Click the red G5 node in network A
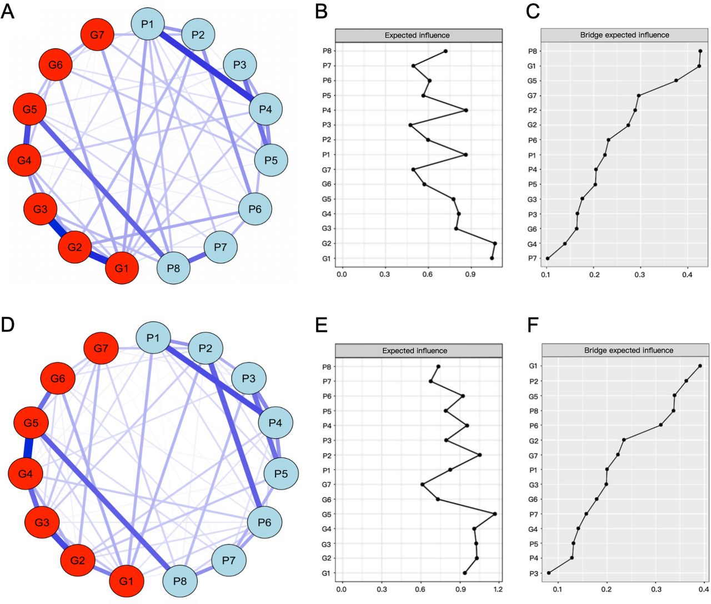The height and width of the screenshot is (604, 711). click(29, 109)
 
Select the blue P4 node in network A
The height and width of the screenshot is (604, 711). click(266, 109)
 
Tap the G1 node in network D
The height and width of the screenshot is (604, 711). click(126, 581)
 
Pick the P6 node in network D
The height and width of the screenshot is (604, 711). click(264, 522)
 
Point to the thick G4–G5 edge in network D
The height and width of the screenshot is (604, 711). click(28, 449)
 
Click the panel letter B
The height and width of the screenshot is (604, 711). click(321, 12)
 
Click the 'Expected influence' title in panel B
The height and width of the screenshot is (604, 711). click(417, 36)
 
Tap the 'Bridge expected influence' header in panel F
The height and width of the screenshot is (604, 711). click(628, 350)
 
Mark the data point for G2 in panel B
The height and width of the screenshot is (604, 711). click(494, 243)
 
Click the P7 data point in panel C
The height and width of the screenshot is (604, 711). click(548, 258)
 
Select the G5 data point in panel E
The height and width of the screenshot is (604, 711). click(494, 514)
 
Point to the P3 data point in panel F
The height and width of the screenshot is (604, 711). click(549, 573)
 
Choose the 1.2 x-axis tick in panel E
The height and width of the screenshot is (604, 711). click(498, 589)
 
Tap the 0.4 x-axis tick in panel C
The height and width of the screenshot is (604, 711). click(687, 274)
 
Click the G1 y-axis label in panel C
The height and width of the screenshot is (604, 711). click(532, 66)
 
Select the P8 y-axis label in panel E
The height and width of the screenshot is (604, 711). click(327, 366)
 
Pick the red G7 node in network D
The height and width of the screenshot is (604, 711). click(101, 349)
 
